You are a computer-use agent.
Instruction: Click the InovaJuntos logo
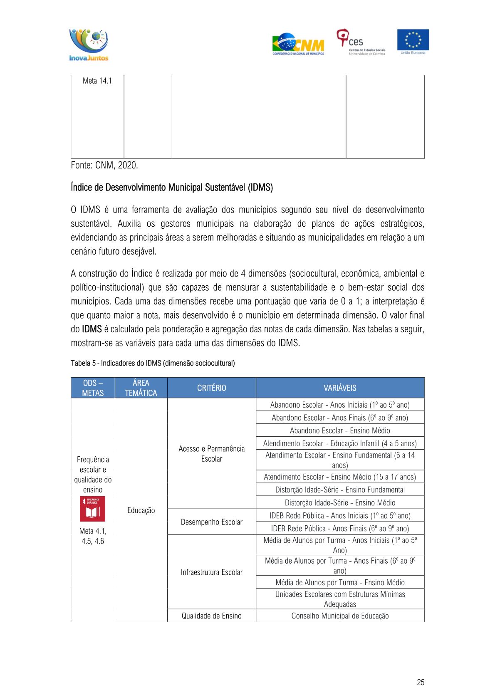[x=89, y=45]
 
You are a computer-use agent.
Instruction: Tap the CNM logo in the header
[x=298, y=44]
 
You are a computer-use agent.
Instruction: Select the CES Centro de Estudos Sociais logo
[x=361, y=42]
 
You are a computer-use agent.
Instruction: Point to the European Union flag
[x=413, y=41]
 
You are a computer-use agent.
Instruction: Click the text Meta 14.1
[x=97, y=81]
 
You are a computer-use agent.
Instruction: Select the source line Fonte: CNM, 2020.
[x=104, y=165]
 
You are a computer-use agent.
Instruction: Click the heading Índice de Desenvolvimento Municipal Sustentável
[x=172, y=188]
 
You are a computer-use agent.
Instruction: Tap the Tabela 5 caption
[x=153, y=363]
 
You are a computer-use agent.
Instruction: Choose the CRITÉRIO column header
[x=211, y=388]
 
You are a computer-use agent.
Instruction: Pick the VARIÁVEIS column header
[x=340, y=388]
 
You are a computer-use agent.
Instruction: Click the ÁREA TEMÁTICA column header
[x=141, y=388]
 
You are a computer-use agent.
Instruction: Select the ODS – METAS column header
[x=93, y=388]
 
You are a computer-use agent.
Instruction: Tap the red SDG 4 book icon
[x=93, y=509]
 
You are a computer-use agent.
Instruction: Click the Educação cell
[x=141, y=510]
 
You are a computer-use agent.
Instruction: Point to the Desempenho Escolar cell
[x=211, y=522]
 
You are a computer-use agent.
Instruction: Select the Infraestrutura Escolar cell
[x=211, y=572]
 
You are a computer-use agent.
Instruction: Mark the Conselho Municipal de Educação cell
[x=340, y=616]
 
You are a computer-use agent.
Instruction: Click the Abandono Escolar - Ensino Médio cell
[x=340, y=430]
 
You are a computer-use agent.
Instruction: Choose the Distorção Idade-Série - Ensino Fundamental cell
[x=340, y=490]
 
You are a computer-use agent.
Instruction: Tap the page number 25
[x=421, y=682]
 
